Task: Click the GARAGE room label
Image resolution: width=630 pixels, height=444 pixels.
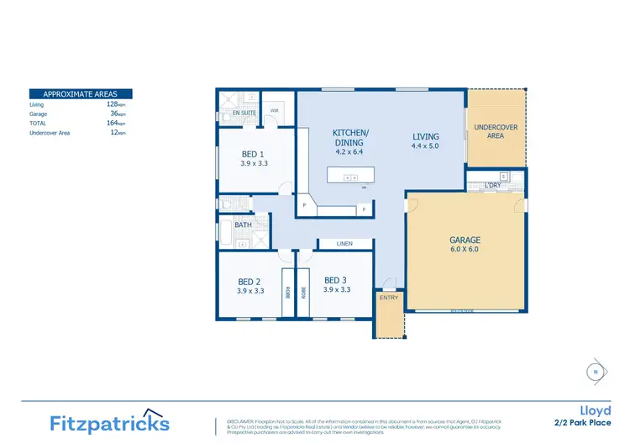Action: (x=465, y=240)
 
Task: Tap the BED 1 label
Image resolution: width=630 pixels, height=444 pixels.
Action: (x=254, y=154)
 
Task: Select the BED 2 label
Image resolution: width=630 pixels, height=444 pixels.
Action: (x=249, y=281)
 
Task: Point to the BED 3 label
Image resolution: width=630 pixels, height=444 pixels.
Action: (x=336, y=280)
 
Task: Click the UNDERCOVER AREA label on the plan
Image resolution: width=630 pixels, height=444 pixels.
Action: (x=496, y=131)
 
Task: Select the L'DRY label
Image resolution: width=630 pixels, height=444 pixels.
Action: (x=493, y=185)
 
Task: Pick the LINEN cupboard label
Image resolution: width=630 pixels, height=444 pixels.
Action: (x=344, y=244)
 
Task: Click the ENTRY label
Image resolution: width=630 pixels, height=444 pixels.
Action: (x=389, y=297)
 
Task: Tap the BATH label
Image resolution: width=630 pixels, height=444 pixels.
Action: (x=244, y=225)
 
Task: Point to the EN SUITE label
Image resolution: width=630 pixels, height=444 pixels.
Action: (x=244, y=112)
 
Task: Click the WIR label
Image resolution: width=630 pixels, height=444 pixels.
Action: (x=274, y=110)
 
